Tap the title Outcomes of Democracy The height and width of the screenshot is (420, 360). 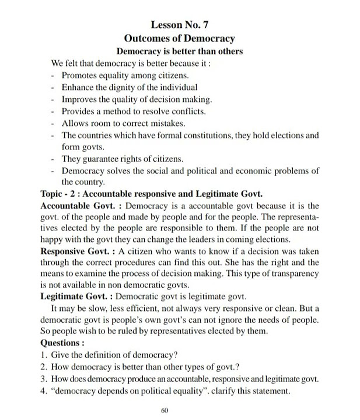180,38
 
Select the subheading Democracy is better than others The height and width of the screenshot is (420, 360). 180,51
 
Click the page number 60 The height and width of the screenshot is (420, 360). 165,411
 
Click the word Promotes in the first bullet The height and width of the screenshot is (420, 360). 79,75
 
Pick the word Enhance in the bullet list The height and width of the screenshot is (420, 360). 78,87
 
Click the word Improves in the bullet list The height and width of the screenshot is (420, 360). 79,99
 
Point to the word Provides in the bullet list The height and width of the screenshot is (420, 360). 79,111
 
